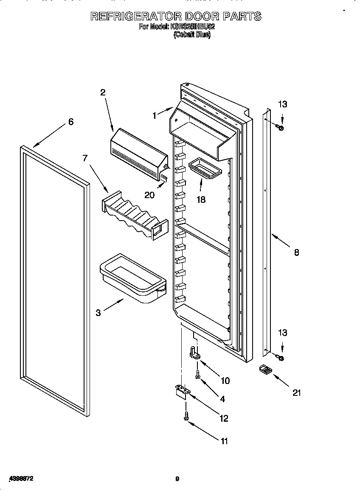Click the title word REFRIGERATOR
click(x=136, y=16)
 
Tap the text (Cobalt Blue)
click(x=192, y=35)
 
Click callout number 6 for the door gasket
click(x=71, y=122)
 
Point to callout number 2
click(x=103, y=92)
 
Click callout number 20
click(x=149, y=195)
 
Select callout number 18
click(x=201, y=199)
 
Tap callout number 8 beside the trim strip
click(x=296, y=252)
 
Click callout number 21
click(x=297, y=392)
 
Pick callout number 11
click(x=224, y=441)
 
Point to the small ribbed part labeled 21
click(x=265, y=369)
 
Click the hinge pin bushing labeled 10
click(x=194, y=353)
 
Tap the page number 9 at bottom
click(x=177, y=479)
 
